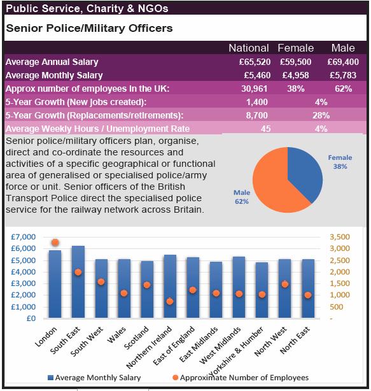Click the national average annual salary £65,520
pos(255,62)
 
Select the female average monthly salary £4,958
pos(295,75)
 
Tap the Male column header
pos(343,48)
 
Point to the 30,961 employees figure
pos(254,89)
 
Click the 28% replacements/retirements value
pos(321,115)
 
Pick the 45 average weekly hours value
pos(265,129)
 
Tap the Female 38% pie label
pos(340,162)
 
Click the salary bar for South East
pos(78,281)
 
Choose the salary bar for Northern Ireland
pos(170,287)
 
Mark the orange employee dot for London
pos(55,242)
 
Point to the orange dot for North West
pos(285,284)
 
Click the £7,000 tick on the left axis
pos(23,237)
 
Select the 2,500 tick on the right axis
pos(340,260)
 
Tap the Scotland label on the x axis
pos(137,338)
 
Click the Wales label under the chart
pos(116,335)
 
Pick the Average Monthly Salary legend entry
pos(94,378)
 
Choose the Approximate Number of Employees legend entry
pos(241,378)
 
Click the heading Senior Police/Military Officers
pos(89,28)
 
